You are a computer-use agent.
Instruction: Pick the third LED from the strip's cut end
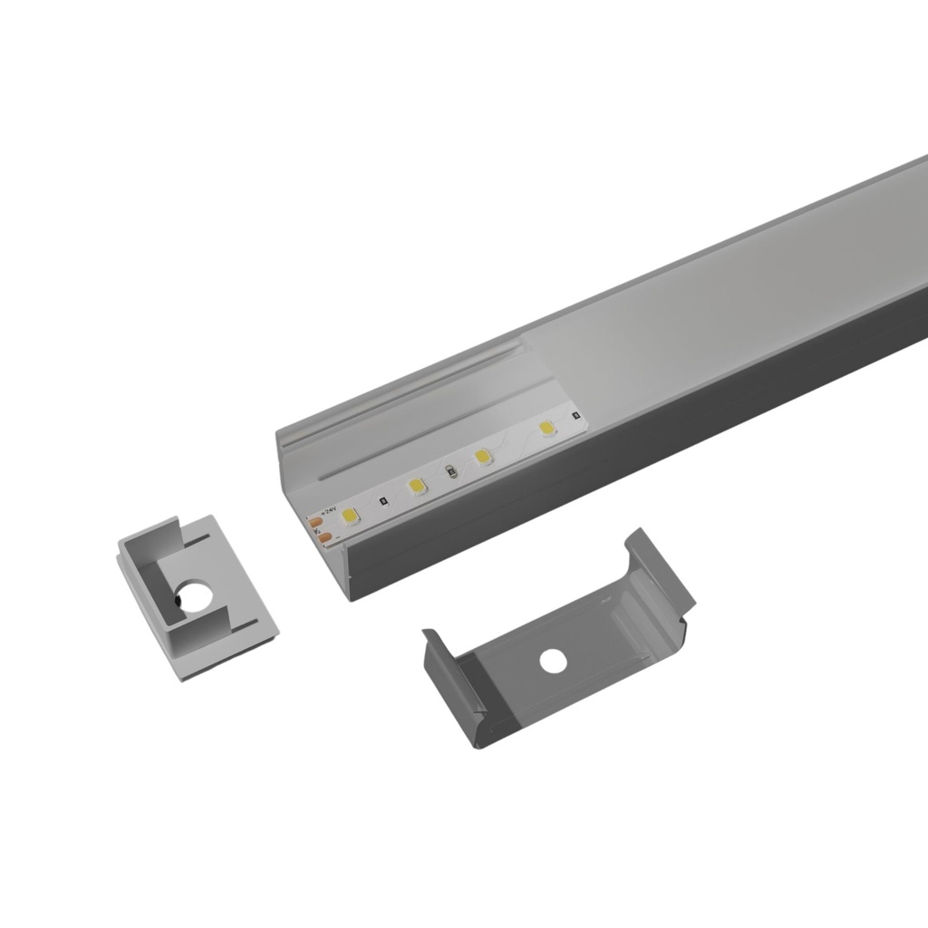pyautogui.click(x=481, y=457)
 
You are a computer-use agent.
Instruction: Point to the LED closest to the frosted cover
pyautogui.click(x=546, y=428)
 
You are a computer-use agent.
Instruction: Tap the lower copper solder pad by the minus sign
pyautogui.click(x=321, y=536)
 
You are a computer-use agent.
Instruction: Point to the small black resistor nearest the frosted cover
pyautogui.click(x=575, y=417)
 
